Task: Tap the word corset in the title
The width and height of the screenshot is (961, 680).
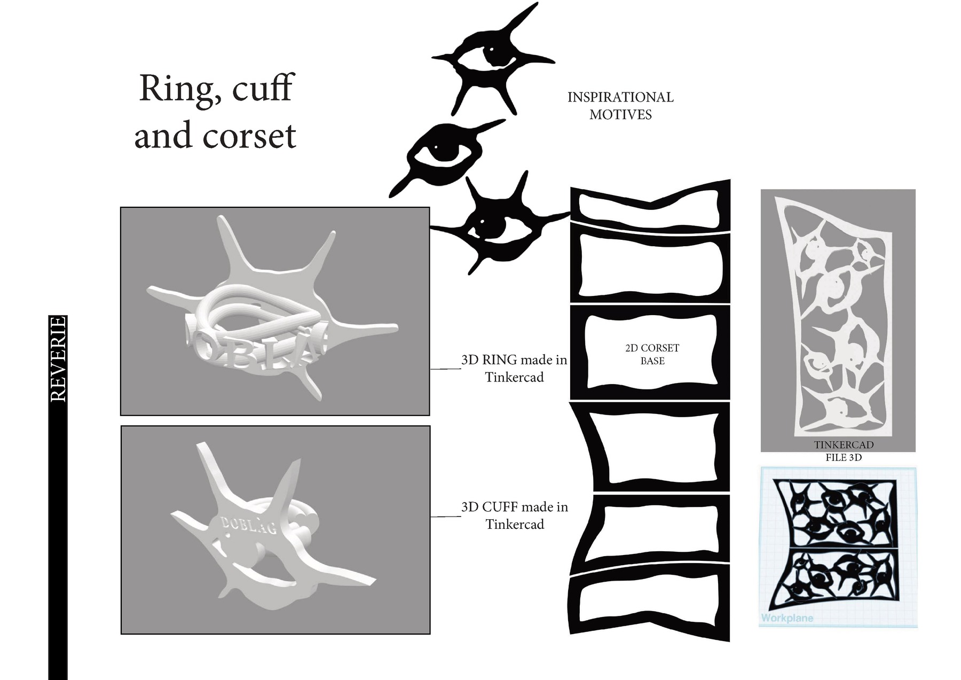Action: point(249,136)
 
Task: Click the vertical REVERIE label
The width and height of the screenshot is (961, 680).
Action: point(58,358)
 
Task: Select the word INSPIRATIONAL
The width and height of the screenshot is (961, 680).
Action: point(620,97)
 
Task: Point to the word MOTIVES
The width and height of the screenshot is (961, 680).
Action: point(620,115)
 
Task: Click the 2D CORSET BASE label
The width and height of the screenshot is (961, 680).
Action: point(652,354)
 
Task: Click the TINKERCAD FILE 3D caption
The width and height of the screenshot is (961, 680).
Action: point(844,451)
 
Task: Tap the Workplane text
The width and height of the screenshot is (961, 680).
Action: point(787,618)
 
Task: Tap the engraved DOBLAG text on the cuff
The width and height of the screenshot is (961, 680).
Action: point(249,525)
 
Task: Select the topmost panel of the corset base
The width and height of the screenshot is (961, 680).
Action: point(650,208)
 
